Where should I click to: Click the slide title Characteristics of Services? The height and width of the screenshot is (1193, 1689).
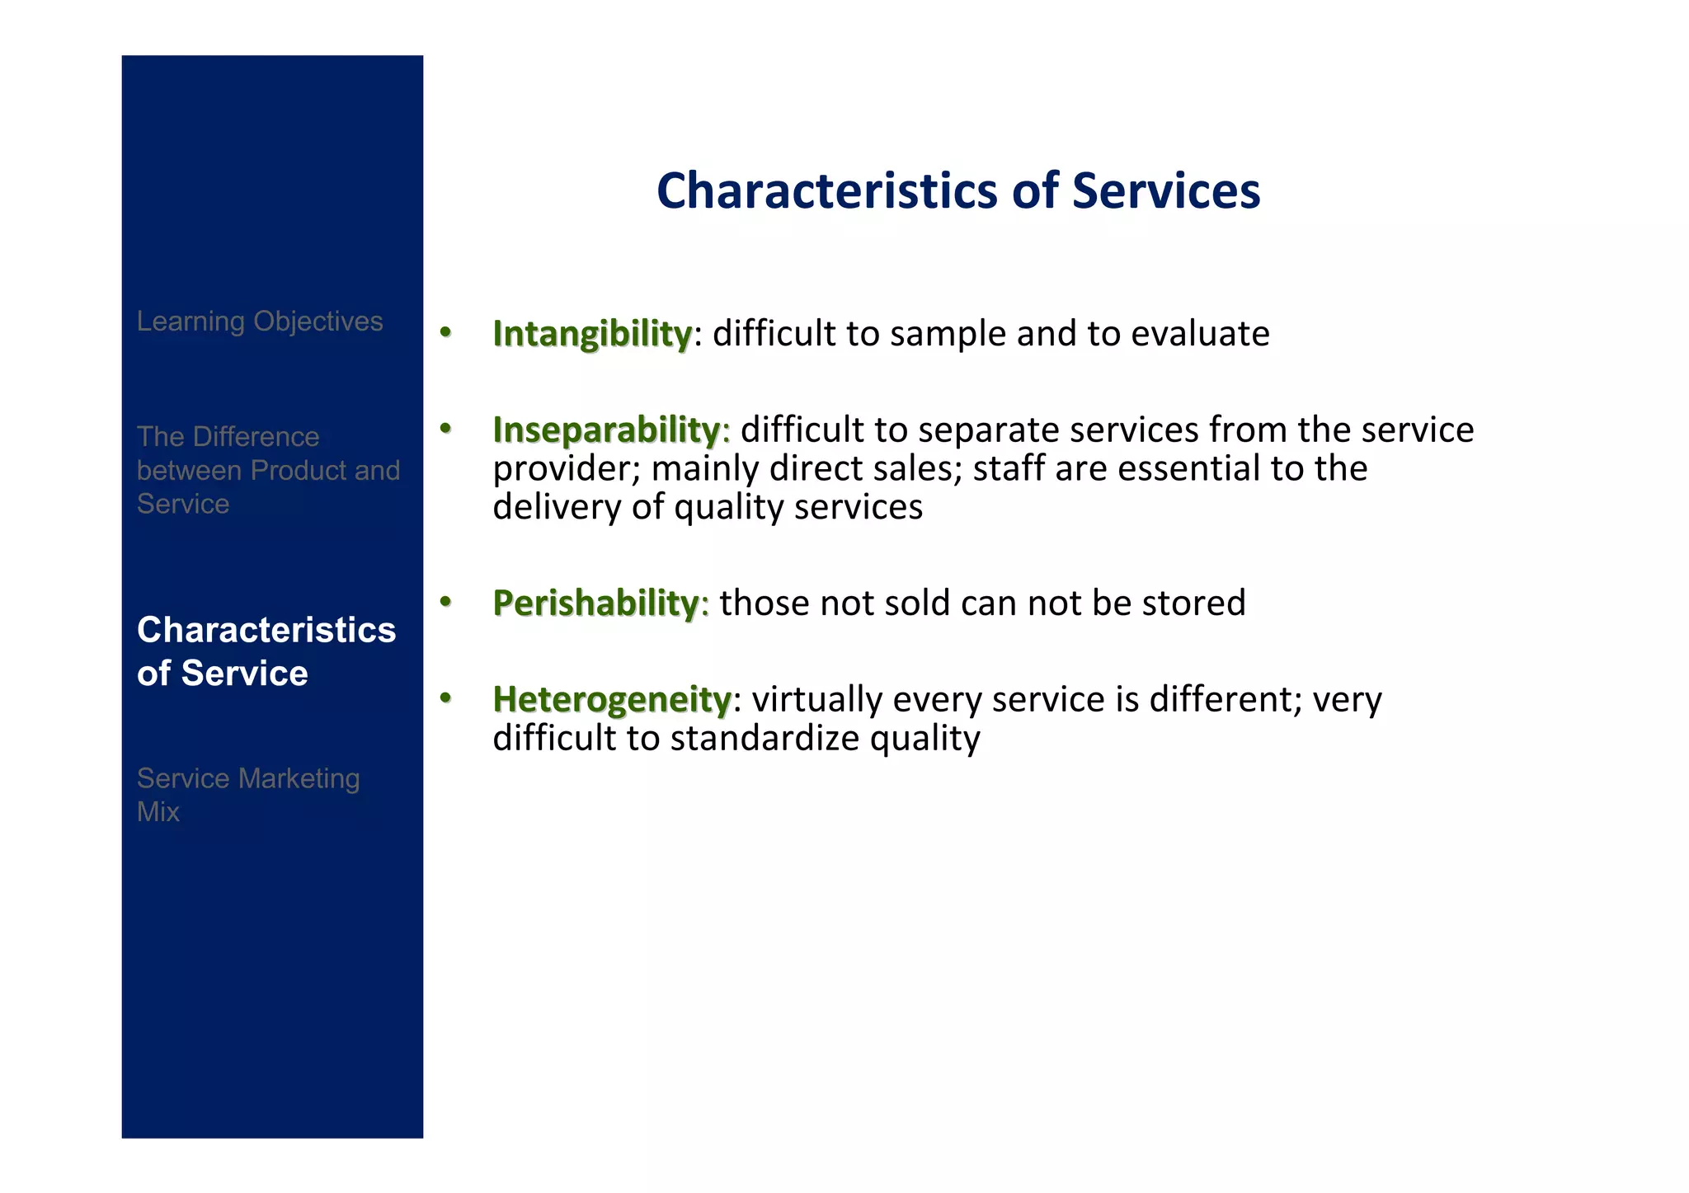(957, 190)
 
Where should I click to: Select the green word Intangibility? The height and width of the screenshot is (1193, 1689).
(591, 334)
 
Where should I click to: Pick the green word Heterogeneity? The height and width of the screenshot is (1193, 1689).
(611, 700)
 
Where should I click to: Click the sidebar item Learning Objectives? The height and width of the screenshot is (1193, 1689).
(260, 321)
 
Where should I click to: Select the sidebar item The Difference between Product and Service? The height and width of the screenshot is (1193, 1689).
(267, 470)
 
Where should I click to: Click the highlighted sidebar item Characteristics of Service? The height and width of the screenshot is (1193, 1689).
(266, 651)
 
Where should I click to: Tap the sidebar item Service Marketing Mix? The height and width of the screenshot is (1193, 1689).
(247, 795)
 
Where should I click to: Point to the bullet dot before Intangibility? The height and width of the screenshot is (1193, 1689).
(445, 332)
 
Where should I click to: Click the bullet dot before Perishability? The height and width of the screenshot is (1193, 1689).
(445, 602)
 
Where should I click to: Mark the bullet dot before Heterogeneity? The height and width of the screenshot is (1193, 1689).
(445, 698)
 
